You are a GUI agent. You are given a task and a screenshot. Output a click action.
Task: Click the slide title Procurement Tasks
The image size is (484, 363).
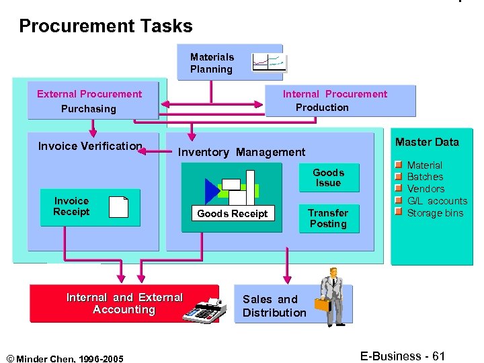pyautogui.click(x=106, y=26)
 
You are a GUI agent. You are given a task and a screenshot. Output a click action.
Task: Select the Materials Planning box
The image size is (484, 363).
pyautogui.click(x=212, y=63)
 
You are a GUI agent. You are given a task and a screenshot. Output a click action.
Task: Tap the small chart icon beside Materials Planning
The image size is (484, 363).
pyautogui.click(x=268, y=62)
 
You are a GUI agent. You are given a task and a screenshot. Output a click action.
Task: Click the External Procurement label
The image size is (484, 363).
pyautogui.click(x=89, y=94)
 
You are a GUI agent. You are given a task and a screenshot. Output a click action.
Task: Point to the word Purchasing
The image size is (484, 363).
pyautogui.click(x=88, y=109)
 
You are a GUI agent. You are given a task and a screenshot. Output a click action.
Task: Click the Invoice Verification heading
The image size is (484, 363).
pyautogui.click(x=90, y=146)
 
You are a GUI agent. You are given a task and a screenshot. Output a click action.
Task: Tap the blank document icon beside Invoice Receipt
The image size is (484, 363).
pyautogui.click(x=118, y=206)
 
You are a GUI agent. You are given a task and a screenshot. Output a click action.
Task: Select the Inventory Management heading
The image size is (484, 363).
pyautogui.click(x=241, y=153)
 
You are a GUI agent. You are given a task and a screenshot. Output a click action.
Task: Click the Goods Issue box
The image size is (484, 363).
pyautogui.click(x=328, y=177)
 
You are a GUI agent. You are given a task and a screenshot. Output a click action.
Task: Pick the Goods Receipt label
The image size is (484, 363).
pyautogui.click(x=232, y=214)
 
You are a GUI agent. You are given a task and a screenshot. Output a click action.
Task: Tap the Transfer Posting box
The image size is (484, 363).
pyautogui.click(x=328, y=218)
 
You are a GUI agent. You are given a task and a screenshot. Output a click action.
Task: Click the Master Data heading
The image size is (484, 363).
pyautogui.click(x=427, y=142)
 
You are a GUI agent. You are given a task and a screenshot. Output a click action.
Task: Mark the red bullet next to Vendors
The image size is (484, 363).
pyautogui.click(x=398, y=188)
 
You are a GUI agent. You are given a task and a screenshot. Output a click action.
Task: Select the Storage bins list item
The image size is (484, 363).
pyautogui.click(x=435, y=213)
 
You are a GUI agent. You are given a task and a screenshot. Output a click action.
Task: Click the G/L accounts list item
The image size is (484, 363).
pyautogui.click(x=437, y=201)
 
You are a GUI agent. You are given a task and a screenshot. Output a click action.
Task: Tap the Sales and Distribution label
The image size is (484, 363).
pyautogui.click(x=274, y=306)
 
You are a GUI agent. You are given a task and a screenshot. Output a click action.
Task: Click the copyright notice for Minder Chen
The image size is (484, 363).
pyautogui.click(x=65, y=358)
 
